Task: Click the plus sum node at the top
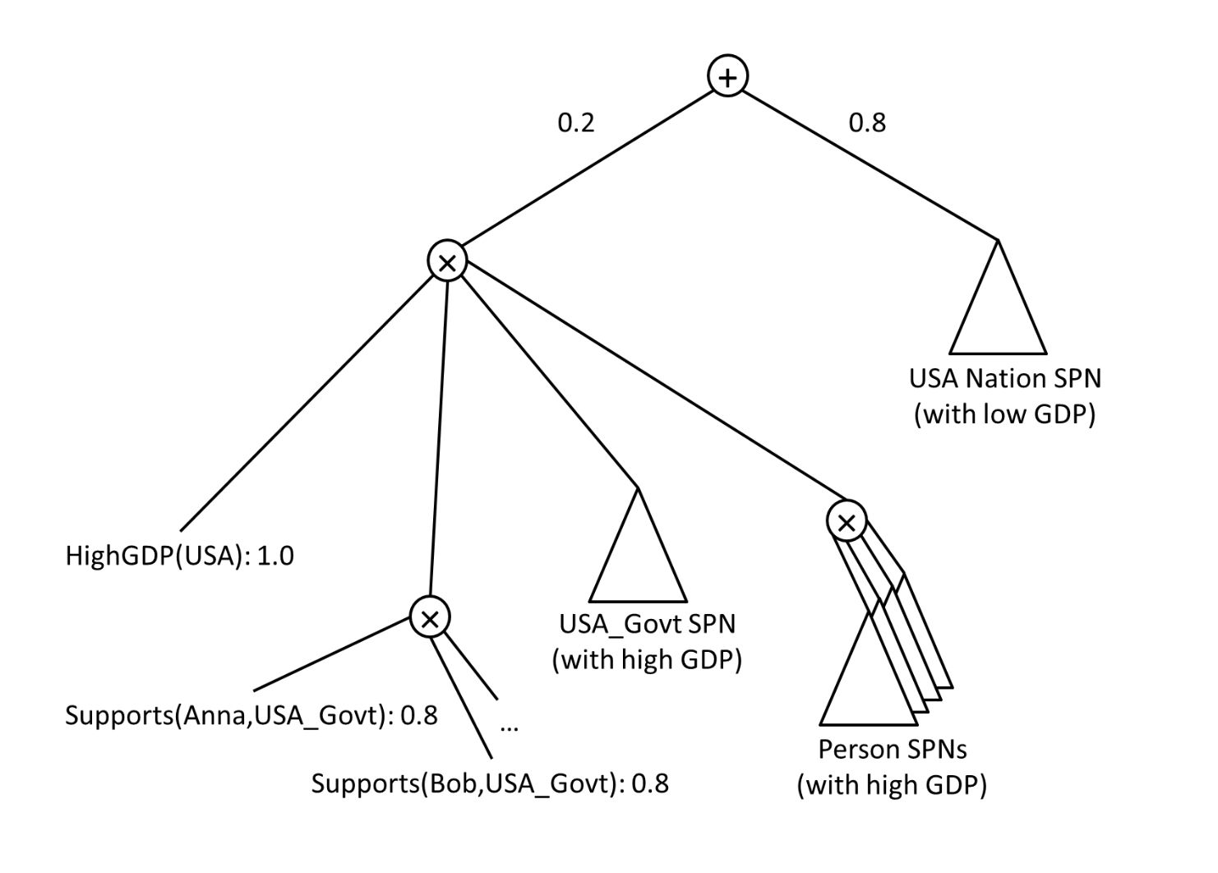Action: point(727,76)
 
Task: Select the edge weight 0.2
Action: point(575,122)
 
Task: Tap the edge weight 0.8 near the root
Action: point(867,122)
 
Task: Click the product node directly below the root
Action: point(448,262)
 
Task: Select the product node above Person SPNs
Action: point(847,521)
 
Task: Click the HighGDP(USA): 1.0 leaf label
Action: point(179,557)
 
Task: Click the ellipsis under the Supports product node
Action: point(509,727)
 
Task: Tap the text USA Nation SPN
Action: point(1004,378)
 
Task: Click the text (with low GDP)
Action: point(1004,413)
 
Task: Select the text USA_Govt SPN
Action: point(647,624)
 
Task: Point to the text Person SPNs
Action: point(892,749)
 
